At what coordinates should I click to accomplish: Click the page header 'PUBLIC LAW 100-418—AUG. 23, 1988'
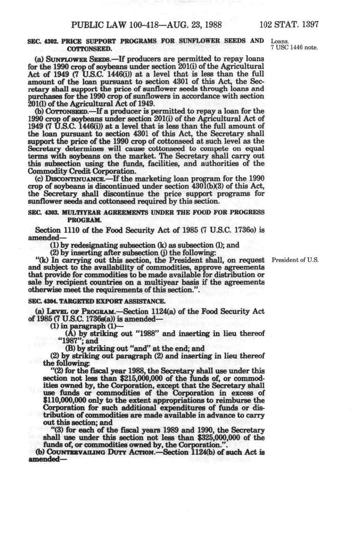[x=147, y=25]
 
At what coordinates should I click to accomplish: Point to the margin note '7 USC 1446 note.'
[x=294, y=48]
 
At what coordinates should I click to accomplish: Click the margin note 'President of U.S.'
[x=294, y=260]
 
